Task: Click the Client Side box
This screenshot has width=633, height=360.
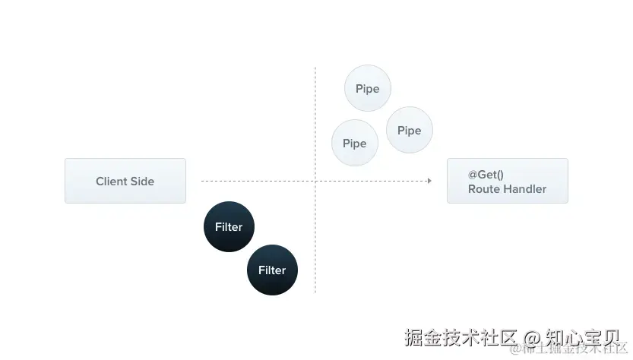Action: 125,181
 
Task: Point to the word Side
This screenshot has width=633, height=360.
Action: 142,182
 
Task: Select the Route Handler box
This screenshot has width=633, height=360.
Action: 507,181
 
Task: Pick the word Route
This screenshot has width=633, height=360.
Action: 483,189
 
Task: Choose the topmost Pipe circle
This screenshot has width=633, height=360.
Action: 368,89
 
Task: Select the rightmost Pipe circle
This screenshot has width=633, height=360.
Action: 409,131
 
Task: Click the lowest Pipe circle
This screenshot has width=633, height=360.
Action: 355,144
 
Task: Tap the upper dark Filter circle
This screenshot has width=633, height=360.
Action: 229,227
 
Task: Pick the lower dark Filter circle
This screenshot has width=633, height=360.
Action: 272,270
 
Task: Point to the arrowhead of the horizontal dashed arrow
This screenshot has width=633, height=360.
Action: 429,181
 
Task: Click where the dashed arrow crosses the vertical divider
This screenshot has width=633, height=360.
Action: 315,181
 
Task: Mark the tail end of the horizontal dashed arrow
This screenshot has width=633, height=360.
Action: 202,181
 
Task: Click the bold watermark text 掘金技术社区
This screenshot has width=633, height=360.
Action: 461,336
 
